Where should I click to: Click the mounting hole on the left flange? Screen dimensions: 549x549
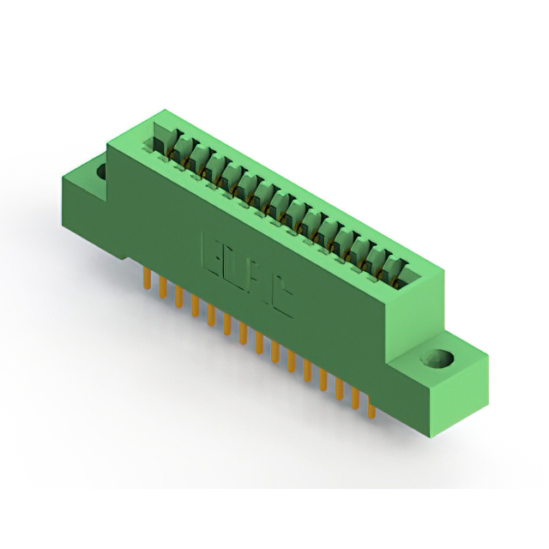(x=102, y=171)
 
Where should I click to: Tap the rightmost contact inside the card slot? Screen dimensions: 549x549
(x=396, y=268)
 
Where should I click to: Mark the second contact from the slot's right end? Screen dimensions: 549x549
(x=379, y=260)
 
